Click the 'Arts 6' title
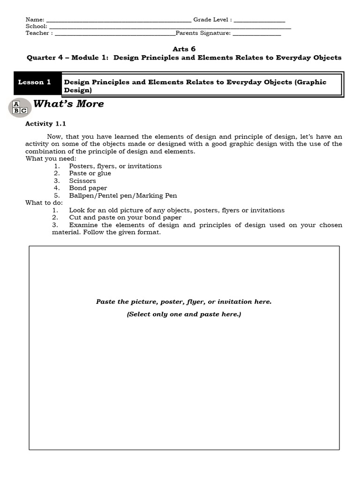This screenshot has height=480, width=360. point(184,49)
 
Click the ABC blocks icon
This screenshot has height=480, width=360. point(20,107)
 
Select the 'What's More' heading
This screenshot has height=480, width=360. point(69,104)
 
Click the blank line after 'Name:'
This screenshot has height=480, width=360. point(119,20)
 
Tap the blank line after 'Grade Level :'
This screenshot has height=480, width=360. point(259,20)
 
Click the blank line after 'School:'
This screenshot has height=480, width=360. point(169,27)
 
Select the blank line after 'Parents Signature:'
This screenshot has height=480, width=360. point(256,34)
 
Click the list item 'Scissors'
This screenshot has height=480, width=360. point(82,181)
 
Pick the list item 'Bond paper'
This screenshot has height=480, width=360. point(88,188)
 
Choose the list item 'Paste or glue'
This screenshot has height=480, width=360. point(90,173)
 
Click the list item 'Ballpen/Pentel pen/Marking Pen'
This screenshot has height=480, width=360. point(123,195)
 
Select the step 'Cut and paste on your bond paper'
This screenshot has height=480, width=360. point(125,217)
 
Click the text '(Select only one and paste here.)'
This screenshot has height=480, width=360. point(184,314)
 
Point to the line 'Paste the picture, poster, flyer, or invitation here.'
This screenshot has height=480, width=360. point(184,302)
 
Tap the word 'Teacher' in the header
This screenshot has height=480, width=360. point(37,34)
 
